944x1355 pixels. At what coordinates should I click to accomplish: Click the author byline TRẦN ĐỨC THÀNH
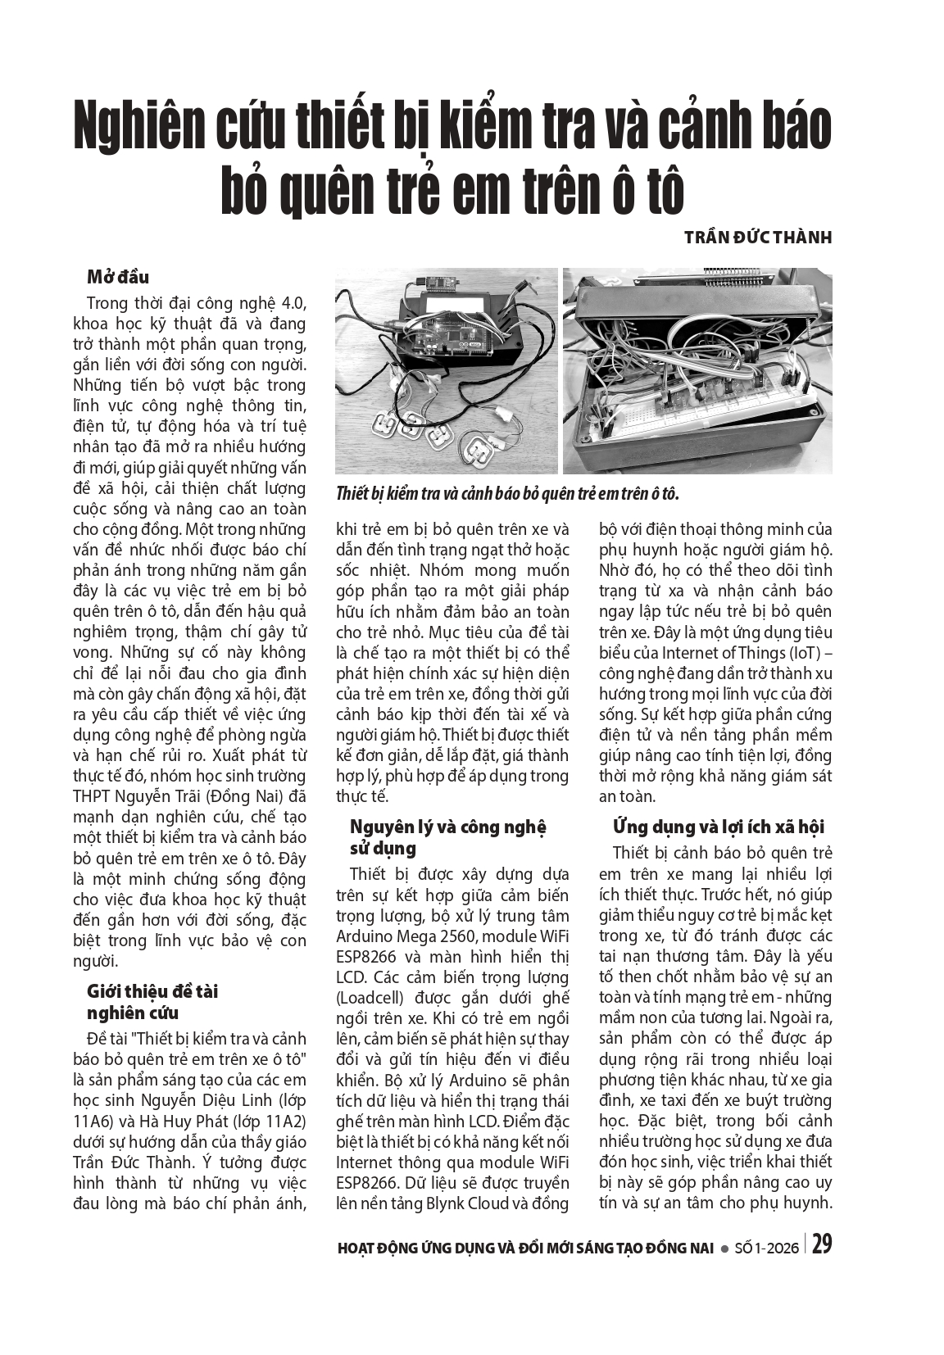[758, 238]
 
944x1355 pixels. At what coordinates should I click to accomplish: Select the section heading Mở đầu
[118, 277]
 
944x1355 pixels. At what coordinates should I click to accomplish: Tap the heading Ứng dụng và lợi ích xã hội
[718, 827]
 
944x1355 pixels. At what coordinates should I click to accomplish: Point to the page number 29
[822, 1245]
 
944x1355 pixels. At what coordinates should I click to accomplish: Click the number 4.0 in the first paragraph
[293, 302]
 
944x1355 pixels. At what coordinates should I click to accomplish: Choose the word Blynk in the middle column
[447, 1203]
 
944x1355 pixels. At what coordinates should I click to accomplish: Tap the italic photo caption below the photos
[507, 494]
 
